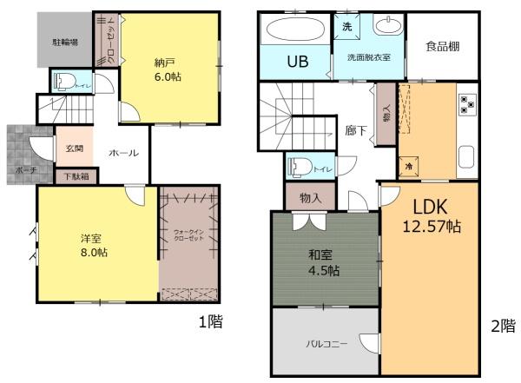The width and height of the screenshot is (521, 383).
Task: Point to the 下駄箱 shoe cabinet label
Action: pos(76,176)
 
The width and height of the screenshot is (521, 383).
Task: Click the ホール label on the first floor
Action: pos(122,153)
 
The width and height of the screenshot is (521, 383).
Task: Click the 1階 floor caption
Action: pos(210,322)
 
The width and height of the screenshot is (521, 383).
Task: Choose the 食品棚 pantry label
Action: pos(442,50)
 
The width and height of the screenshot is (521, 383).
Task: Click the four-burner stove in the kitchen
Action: pos(467,104)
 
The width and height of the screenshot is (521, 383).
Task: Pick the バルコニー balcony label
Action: pos(326,344)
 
